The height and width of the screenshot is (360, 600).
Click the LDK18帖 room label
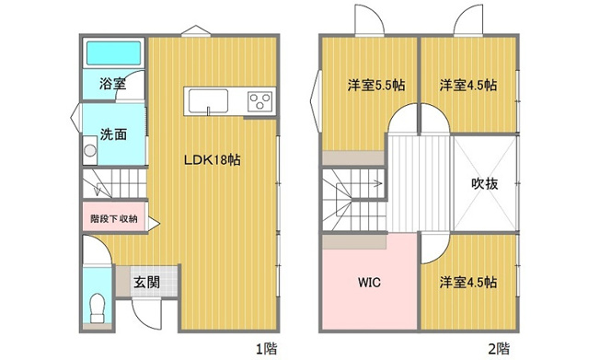[x=211, y=159]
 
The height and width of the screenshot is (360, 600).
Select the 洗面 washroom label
[x=113, y=133]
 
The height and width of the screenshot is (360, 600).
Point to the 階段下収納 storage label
[x=113, y=219]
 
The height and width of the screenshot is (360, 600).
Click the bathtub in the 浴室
[x=114, y=54]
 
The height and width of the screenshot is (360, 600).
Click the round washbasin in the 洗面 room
[x=89, y=151]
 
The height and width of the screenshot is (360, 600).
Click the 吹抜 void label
[x=485, y=182]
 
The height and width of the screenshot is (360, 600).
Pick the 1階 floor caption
[x=265, y=348]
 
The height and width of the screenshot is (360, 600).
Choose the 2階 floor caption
[x=498, y=348]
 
